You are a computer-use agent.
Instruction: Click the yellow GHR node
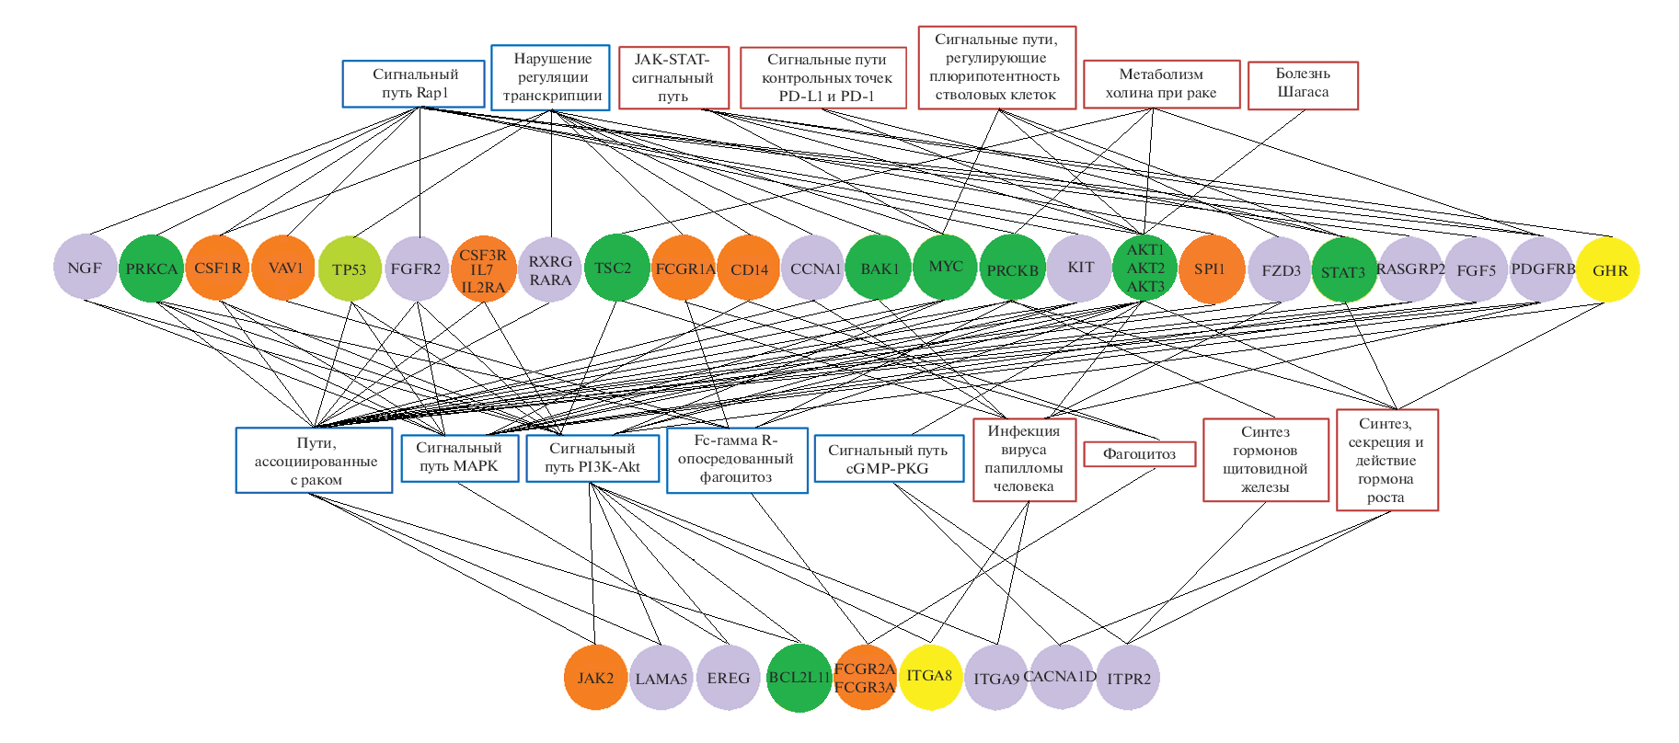coord(1608,269)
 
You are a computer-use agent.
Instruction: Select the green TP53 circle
coord(350,269)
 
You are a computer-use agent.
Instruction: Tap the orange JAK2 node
coord(595,678)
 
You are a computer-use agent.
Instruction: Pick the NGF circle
coord(86,268)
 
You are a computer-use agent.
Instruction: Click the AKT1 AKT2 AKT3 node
coord(1145,269)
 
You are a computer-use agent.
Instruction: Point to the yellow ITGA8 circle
coord(930,677)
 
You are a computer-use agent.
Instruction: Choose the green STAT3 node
coord(1344,270)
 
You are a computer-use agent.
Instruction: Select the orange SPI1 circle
coord(1211,269)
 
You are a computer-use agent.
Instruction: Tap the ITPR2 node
coord(1129,679)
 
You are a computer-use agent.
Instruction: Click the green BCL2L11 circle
coord(799,678)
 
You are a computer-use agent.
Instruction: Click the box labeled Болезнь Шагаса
coord(1303,85)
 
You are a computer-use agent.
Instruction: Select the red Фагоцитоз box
coord(1139,454)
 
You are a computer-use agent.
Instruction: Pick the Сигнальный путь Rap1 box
coord(414,84)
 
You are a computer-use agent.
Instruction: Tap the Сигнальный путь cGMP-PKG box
coord(888,459)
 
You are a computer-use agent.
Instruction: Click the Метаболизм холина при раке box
coord(1161,85)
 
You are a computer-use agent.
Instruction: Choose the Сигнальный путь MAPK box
coord(459,457)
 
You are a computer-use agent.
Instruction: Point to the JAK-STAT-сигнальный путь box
coord(673,77)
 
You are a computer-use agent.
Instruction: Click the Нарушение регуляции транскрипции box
coord(550,77)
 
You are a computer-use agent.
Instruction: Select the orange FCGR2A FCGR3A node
coord(865,679)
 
